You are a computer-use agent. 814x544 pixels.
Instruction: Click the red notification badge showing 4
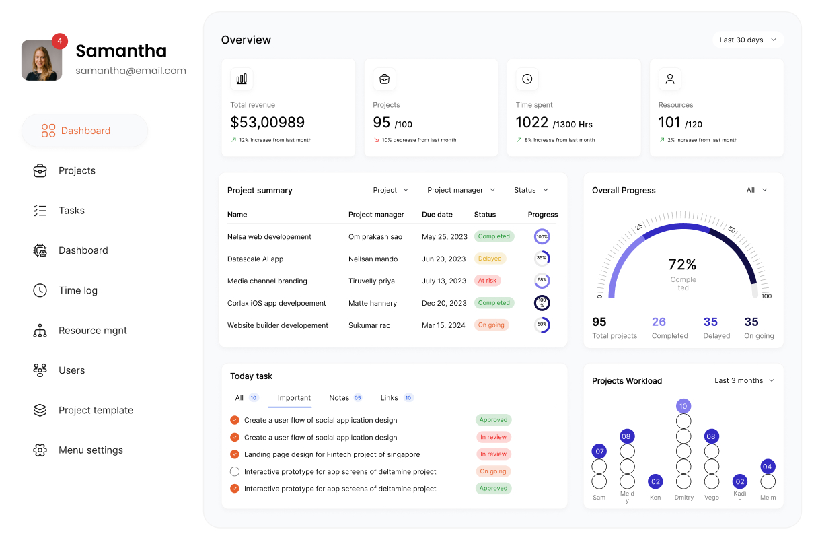tap(60, 41)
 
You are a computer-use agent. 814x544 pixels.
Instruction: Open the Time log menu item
tap(77, 290)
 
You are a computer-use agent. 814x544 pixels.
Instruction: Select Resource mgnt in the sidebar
tap(92, 331)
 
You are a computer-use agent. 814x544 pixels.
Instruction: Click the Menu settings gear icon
tap(40, 450)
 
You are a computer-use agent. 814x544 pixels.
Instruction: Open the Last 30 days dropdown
tap(748, 40)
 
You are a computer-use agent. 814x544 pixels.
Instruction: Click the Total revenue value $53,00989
tap(267, 123)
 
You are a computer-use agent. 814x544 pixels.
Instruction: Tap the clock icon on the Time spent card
tap(527, 79)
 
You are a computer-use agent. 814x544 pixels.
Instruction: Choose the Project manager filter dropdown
tap(461, 191)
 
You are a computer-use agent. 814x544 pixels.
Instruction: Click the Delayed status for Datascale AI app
tap(490, 259)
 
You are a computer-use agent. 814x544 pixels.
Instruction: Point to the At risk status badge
tap(487, 281)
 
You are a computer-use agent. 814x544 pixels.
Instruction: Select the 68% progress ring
tap(542, 281)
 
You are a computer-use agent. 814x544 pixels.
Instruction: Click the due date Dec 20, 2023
tap(444, 304)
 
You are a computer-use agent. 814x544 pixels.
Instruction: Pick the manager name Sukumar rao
tap(369, 326)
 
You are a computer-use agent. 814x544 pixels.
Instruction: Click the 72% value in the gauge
tap(682, 265)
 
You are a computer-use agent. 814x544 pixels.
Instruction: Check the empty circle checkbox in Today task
tap(235, 472)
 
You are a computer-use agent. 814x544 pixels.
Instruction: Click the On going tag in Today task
tap(493, 472)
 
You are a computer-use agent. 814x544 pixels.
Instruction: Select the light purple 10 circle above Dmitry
tap(683, 406)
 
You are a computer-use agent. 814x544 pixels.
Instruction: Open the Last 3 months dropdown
tap(744, 381)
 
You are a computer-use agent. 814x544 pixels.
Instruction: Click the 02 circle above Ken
tap(655, 482)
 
